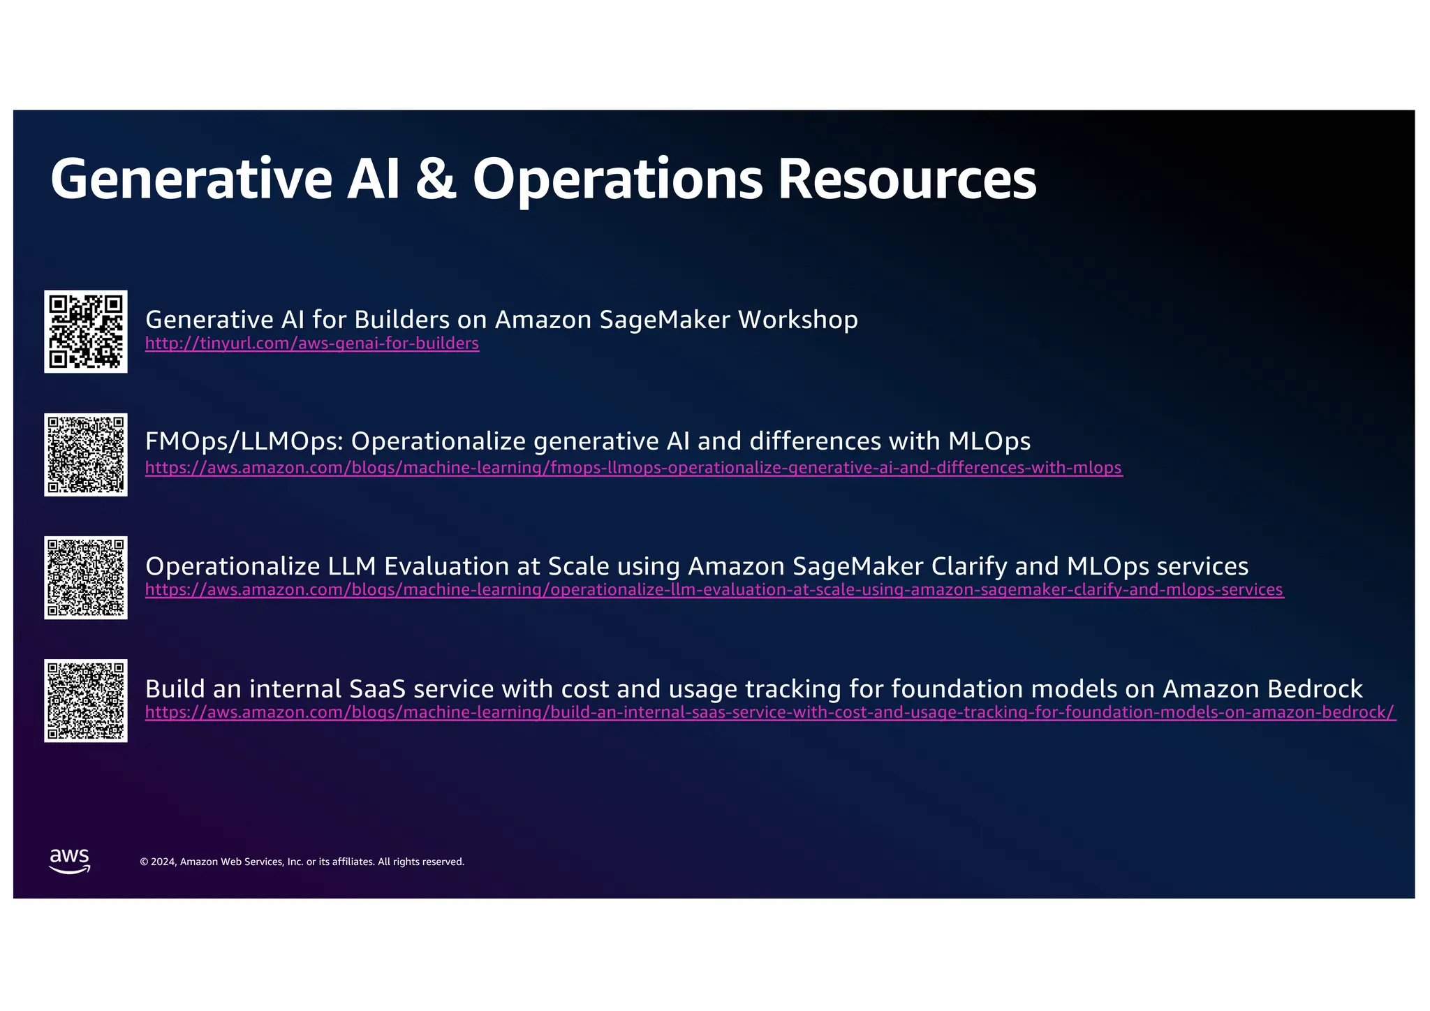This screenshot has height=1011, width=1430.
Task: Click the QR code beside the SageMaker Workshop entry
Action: tap(86, 332)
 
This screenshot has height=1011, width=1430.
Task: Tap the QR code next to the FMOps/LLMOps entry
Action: tap(86, 455)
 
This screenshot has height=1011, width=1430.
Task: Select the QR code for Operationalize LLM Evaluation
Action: tap(86, 577)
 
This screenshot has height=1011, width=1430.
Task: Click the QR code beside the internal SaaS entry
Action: tap(86, 700)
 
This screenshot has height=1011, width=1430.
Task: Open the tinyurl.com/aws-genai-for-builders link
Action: tap(312, 344)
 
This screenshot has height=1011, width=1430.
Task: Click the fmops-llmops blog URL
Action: tap(633, 468)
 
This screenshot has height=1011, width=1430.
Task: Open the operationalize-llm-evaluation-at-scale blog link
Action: tap(714, 590)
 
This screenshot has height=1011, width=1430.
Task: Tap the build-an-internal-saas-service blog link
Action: tap(770, 713)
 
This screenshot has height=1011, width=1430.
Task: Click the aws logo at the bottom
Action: tap(70, 861)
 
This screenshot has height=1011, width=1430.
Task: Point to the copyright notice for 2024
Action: tap(302, 862)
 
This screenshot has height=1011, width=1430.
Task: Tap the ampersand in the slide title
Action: tap(436, 179)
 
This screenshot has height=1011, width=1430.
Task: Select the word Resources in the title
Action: tap(907, 179)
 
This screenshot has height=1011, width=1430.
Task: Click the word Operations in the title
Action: tap(617, 179)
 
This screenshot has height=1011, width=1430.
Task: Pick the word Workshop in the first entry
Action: tap(798, 320)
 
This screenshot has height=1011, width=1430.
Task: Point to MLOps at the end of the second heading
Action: tap(989, 442)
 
